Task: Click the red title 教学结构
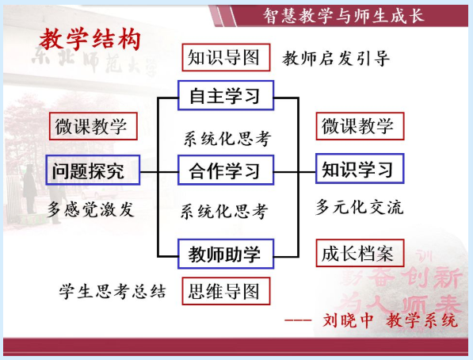click(90, 40)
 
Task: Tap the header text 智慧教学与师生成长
click(344, 16)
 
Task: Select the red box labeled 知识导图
click(226, 57)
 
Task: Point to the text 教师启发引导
click(336, 59)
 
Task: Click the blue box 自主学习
click(226, 95)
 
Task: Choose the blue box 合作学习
click(226, 170)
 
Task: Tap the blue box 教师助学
click(226, 254)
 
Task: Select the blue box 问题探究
click(93, 170)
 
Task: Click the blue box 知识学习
click(360, 169)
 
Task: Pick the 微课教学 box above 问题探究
click(93, 126)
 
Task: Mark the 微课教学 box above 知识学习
click(360, 126)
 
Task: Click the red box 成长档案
click(360, 253)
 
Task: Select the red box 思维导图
click(226, 291)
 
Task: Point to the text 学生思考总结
click(113, 292)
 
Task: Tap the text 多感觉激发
click(90, 209)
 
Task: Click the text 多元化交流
click(359, 207)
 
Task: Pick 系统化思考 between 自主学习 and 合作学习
click(227, 139)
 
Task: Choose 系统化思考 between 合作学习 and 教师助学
click(224, 211)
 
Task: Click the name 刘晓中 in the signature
click(348, 320)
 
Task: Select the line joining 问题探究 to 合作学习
click(159, 172)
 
